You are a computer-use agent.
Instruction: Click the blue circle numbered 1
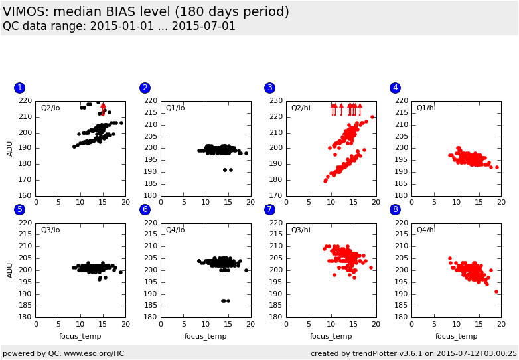click(19, 88)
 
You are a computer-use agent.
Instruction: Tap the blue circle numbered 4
click(395, 88)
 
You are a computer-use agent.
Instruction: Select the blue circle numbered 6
click(145, 209)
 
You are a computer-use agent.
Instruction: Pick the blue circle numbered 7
click(269, 209)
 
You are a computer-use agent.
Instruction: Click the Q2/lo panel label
click(50, 108)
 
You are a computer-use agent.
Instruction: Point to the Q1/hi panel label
click(426, 108)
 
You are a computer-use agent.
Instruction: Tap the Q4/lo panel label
click(175, 230)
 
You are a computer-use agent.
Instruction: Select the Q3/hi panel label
click(301, 230)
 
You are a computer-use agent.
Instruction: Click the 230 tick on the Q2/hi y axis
click(276, 101)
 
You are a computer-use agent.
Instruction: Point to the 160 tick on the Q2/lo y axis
click(25, 195)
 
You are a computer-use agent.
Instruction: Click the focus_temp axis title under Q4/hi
click(456, 337)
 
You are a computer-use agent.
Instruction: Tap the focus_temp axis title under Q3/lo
click(80, 337)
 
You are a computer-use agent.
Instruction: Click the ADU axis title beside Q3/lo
click(9, 270)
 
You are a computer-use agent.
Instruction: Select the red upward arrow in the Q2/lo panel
click(104, 110)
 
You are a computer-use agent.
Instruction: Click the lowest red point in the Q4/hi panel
click(496, 292)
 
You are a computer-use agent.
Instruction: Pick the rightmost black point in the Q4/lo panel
click(246, 270)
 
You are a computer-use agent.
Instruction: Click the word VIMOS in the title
click(25, 12)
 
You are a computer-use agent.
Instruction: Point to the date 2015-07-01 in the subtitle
click(204, 26)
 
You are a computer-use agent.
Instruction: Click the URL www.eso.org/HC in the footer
click(94, 354)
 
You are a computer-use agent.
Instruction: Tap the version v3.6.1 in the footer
click(410, 354)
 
